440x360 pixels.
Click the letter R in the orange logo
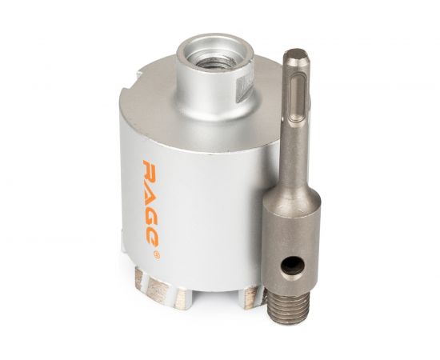point(149,170)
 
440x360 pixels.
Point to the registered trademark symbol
point(157,255)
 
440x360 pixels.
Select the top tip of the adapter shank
point(297,50)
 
